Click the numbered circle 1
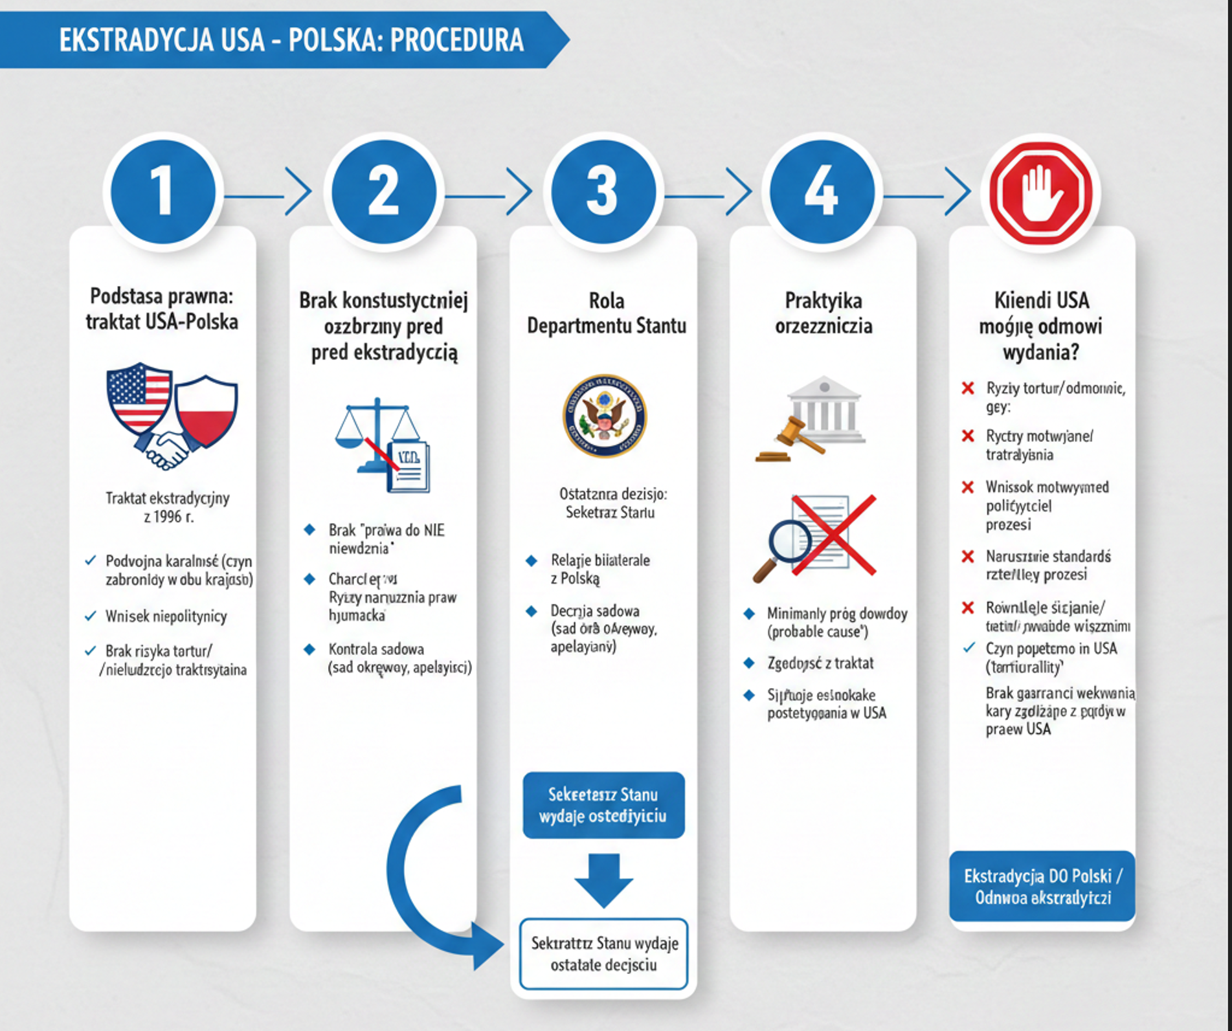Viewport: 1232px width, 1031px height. pyautogui.click(x=162, y=192)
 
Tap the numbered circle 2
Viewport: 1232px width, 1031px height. pyautogui.click(x=383, y=192)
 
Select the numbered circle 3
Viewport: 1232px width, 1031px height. pyautogui.click(x=603, y=192)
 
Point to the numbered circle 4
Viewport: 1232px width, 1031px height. pyautogui.click(x=822, y=192)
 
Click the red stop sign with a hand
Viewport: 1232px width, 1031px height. pyautogui.click(x=1041, y=193)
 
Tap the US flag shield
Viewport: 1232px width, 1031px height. pyautogui.click(x=139, y=398)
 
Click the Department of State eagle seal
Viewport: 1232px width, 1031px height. pyautogui.click(x=604, y=416)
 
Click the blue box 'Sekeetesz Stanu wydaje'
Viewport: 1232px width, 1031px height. pyautogui.click(x=603, y=805)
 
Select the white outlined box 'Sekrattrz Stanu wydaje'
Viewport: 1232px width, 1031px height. pyautogui.click(x=603, y=953)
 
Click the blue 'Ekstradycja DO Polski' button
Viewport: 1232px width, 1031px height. pyautogui.click(x=1042, y=886)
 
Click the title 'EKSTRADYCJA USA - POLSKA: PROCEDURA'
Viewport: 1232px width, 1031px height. pyautogui.click(x=291, y=40)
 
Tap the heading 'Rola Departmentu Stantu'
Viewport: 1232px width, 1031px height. pyautogui.click(x=606, y=313)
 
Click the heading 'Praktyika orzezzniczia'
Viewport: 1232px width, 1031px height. pyautogui.click(x=823, y=313)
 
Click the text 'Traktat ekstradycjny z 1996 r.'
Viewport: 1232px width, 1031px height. pyautogui.click(x=168, y=507)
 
